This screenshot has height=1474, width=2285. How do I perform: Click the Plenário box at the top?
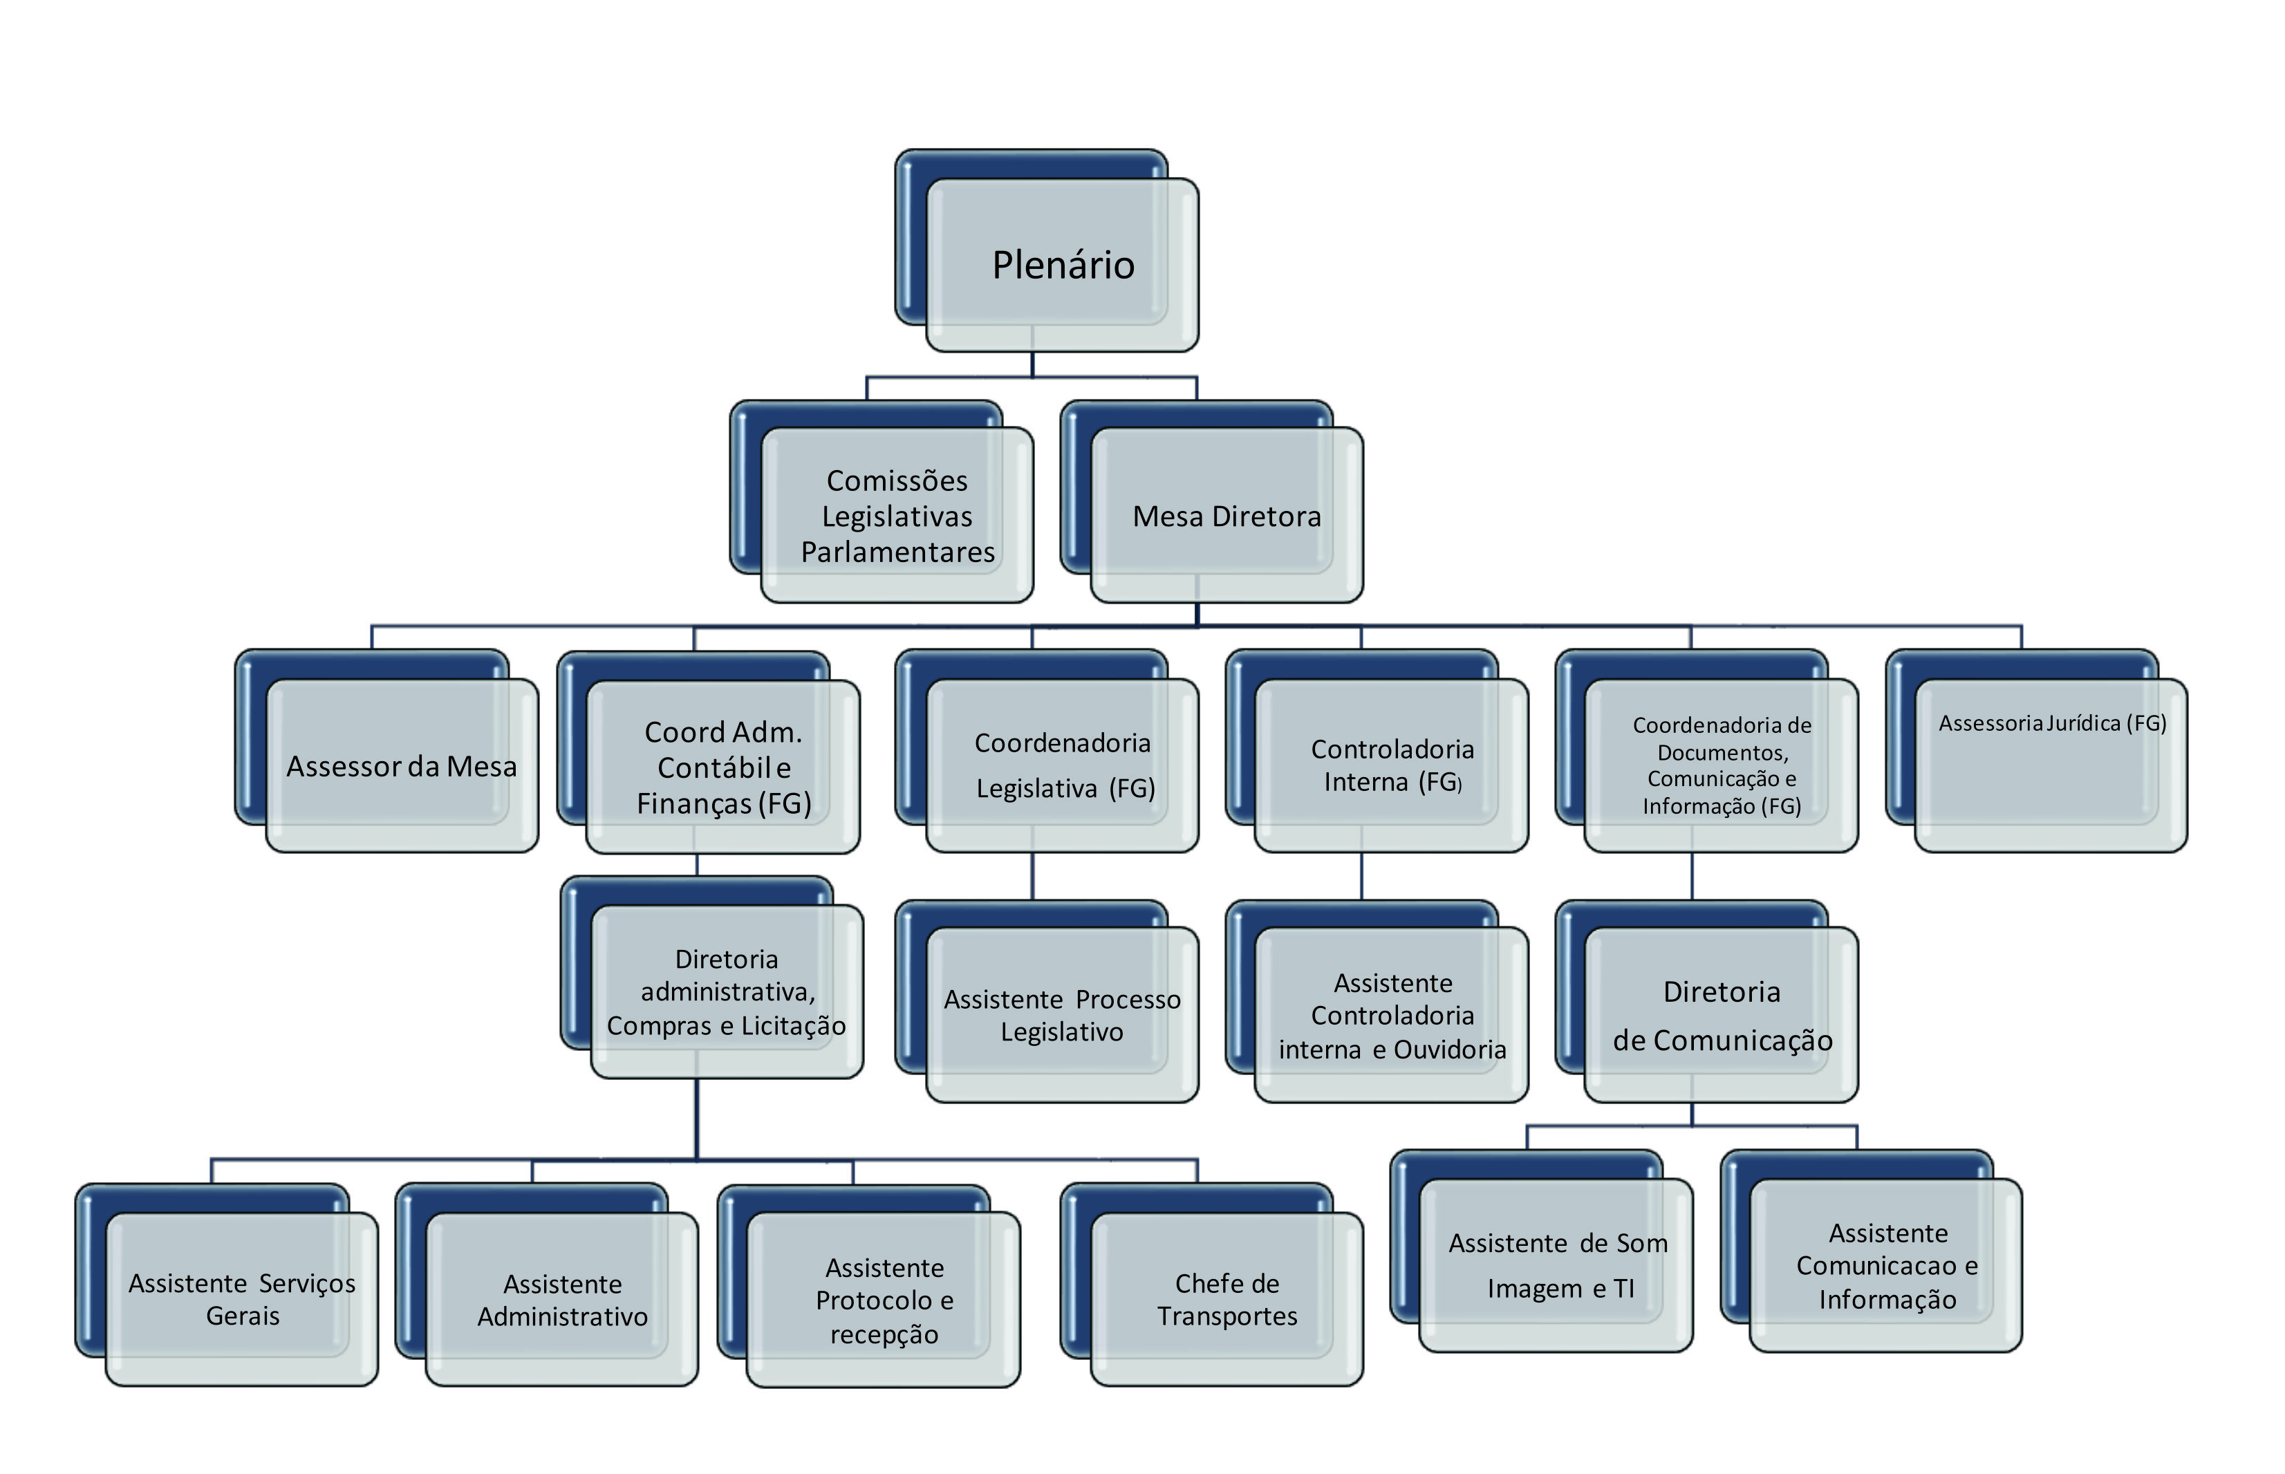(1062, 265)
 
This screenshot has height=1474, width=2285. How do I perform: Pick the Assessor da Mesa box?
(401, 766)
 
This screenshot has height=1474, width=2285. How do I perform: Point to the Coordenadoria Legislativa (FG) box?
(1062, 766)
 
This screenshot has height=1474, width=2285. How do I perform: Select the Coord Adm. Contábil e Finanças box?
(723, 767)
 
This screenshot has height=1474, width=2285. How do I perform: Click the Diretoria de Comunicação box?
(1722, 1016)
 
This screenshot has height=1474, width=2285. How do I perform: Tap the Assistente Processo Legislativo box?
(1062, 1016)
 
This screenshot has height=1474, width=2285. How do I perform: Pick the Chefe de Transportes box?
(1227, 1299)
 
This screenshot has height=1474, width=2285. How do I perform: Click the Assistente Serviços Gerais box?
(242, 1299)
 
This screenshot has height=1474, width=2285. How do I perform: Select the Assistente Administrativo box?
(563, 1299)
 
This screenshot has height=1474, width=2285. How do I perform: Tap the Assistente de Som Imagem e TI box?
(1557, 1265)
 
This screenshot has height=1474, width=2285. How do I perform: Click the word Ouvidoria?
(1450, 1050)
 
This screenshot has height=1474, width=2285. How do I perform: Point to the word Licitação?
(793, 1026)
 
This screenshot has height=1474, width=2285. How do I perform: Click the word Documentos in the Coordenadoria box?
(1722, 752)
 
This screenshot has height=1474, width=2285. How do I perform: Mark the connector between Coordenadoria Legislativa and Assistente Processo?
(1032, 876)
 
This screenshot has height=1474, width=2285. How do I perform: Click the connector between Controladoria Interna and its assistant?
(1361, 876)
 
